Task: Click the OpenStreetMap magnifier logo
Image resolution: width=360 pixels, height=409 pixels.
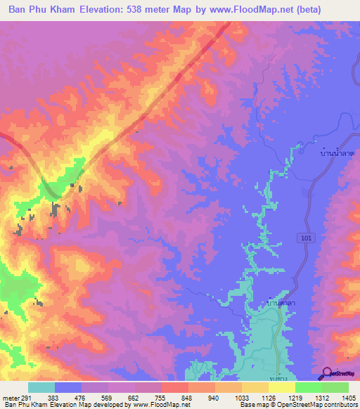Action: coord(326,374)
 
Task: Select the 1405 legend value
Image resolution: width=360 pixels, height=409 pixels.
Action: coord(347,398)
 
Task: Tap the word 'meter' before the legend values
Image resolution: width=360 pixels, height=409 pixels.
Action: coord(11,398)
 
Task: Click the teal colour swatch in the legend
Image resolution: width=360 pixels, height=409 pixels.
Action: coord(41,387)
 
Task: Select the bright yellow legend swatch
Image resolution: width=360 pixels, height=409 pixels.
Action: coord(281,387)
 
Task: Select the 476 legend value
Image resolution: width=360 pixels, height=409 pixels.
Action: coord(82,398)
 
